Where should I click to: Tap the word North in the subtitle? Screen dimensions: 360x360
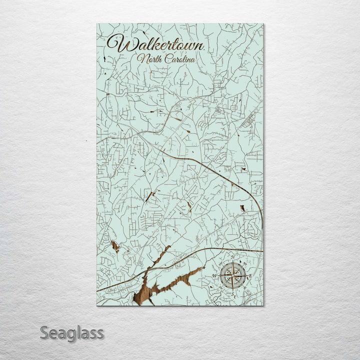149,59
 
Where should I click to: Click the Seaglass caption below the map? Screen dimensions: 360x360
72,332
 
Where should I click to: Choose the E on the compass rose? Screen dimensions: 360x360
250,275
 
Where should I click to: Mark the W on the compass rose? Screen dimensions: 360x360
215,275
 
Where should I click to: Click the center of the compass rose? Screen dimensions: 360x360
233,275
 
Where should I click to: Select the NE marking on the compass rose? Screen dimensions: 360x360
245,263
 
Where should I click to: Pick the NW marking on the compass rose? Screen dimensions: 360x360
221,263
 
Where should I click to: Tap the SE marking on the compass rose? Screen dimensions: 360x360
245,287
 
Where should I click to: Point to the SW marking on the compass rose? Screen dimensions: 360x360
221,287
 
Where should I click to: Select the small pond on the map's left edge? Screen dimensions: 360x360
115,245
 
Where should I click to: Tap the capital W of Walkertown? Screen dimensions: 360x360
118,44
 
